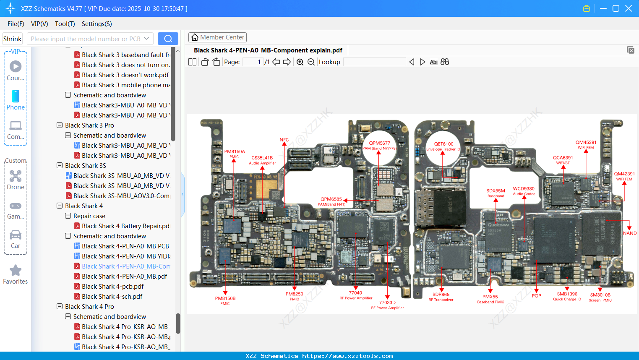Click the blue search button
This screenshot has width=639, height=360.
pos(168,39)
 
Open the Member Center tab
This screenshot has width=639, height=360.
pos(217,37)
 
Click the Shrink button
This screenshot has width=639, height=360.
pos(12,39)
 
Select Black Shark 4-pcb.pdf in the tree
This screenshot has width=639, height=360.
pos(112,287)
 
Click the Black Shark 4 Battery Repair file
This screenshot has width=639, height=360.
pos(125,226)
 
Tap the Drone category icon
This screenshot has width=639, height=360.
pos(16,176)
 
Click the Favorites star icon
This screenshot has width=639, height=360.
pos(16,271)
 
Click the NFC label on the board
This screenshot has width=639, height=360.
pos(284,140)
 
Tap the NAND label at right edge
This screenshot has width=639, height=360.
pos(629,233)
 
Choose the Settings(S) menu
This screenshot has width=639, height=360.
pos(97,24)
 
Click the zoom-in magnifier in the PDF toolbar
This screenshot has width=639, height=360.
pos(300,62)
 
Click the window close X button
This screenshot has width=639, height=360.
pos(628,8)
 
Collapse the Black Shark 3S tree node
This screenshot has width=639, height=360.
pos(60,166)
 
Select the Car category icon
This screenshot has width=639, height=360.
pos(16,235)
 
